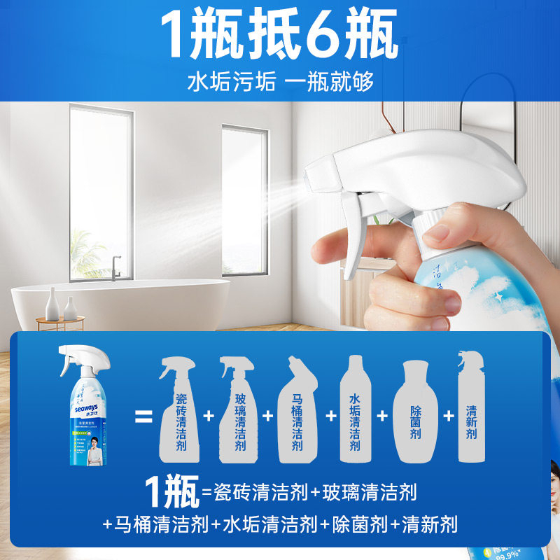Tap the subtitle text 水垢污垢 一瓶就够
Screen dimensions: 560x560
tap(279, 80)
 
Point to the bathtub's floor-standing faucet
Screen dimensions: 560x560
tap(116, 266)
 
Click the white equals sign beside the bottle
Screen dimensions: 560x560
tap(143, 415)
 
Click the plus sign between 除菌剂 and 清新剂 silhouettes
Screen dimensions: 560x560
tap(448, 415)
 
